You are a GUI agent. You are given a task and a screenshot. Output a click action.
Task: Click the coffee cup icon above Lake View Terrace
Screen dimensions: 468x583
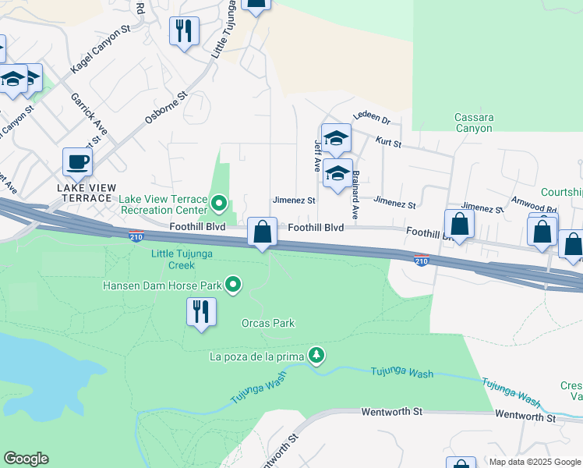77,162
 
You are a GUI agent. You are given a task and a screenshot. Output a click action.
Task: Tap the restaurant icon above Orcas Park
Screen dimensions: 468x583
201,311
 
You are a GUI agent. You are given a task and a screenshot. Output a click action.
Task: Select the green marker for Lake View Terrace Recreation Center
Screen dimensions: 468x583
219,205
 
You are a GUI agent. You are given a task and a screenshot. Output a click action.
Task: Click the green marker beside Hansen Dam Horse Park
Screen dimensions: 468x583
232,285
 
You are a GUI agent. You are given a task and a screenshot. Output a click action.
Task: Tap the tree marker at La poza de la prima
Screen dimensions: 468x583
316,356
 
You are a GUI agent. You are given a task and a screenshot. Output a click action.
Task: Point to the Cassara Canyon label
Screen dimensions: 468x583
474,122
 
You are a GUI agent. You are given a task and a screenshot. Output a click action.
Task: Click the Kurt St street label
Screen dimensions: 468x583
387,144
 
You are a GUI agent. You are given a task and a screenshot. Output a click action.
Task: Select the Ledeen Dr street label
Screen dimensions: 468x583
371,119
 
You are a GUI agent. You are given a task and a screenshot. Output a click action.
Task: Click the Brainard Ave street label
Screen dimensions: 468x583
355,194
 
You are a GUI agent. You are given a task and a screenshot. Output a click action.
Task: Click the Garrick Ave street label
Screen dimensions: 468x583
88,113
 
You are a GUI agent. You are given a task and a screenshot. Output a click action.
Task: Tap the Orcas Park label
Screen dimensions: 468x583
267,323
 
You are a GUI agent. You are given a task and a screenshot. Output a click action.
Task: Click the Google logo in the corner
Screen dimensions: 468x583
26,459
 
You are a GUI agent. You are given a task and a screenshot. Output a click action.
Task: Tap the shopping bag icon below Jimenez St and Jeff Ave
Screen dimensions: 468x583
263,232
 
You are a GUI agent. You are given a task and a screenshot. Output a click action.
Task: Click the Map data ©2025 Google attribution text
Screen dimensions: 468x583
535,462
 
